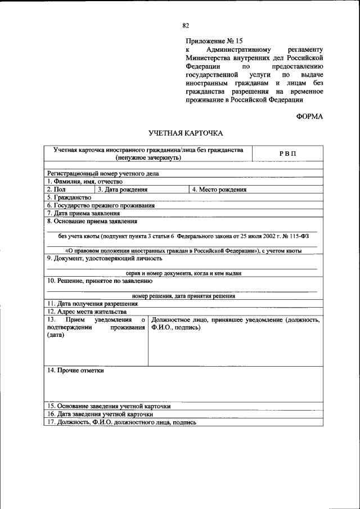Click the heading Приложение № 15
coord(214,41)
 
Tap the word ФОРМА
coord(309,116)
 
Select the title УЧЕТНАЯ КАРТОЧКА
coord(186,133)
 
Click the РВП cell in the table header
coord(287,154)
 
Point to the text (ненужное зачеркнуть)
coord(148,158)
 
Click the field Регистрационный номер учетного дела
coord(103,174)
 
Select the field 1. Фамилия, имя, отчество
coord(85,182)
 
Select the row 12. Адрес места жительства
coord(87,311)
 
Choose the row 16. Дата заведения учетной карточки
coord(100,414)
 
